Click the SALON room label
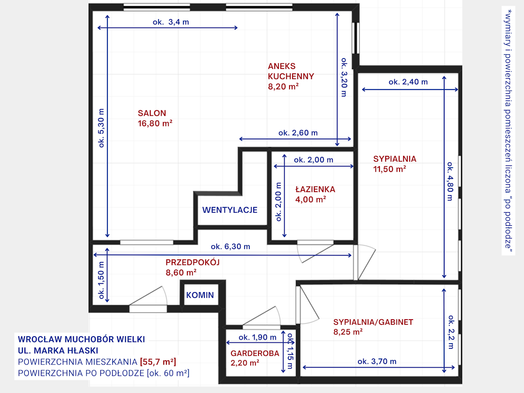click(x=152, y=113)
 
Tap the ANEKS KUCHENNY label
click(x=291, y=71)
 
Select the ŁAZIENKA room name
click(x=315, y=190)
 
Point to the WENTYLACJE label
click(x=230, y=210)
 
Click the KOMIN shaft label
click(x=200, y=295)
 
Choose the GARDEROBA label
click(x=255, y=353)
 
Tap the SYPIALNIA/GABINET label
click(x=373, y=322)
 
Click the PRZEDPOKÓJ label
click(x=193, y=262)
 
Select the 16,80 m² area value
click(x=155, y=124)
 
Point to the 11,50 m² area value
click(x=390, y=169)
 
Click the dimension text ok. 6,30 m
click(x=231, y=246)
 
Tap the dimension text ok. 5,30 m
click(x=101, y=128)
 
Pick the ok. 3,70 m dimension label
click(x=377, y=362)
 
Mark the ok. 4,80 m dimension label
click(x=450, y=181)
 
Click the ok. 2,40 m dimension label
click(x=408, y=82)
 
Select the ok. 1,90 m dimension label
click(x=257, y=338)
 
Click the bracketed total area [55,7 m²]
click(x=158, y=362)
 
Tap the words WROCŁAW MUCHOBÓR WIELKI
click(x=81, y=339)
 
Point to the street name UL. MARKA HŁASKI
click(x=58, y=351)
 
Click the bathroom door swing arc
click(x=299, y=253)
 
